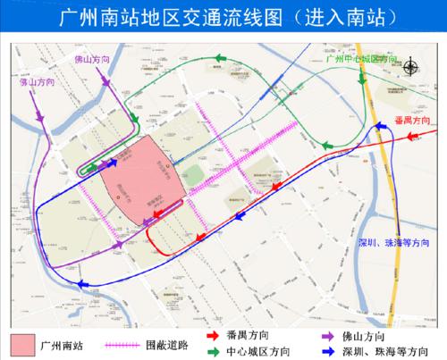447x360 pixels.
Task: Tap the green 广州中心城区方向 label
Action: point(361,58)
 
